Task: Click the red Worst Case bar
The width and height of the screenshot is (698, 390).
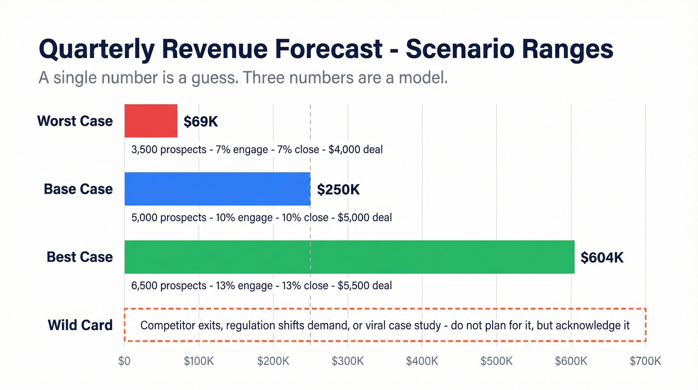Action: click(151, 121)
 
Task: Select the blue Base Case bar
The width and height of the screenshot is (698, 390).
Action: click(217, 189)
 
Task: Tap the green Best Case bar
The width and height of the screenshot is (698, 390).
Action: click(349, 257)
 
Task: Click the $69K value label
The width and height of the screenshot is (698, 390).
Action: click(200, 121)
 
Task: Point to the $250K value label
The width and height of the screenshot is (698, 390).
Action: click(338, 189)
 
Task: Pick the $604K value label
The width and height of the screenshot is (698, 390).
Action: click(602, 257)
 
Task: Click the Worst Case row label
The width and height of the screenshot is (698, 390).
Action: click(75, 121)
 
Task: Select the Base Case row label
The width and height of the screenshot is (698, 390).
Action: click(78, 189)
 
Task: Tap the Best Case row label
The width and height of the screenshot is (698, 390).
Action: click(80, 257)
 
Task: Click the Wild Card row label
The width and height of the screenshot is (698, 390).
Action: click(80, 325)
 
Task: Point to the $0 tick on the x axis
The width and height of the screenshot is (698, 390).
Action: click(124, 361)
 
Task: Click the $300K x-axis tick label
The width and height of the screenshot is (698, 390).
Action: click(348, 361)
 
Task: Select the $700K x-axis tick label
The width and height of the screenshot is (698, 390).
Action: click(646, 361)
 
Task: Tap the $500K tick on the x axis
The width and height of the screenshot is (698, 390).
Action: click(497, 361)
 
